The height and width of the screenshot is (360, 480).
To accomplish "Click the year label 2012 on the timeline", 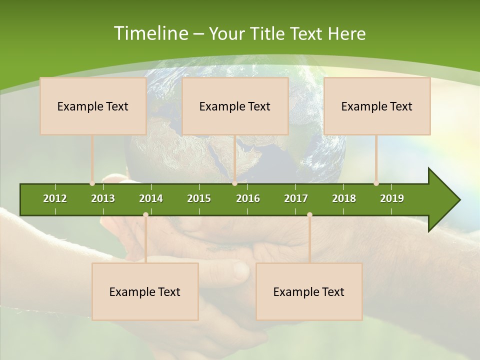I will click(x=55, y=198).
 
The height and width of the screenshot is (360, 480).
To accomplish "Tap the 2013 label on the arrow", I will click(x=103, y=198).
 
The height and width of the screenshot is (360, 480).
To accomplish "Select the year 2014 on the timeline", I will click(x=151, y=198).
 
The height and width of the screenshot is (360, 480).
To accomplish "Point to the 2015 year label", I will click(x=199, y=198).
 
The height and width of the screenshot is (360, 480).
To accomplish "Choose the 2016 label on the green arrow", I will click(x=248, y=198).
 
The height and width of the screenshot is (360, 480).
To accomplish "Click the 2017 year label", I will click(x=296, y=198).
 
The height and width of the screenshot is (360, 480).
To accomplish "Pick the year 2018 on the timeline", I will click(x=344, y=198).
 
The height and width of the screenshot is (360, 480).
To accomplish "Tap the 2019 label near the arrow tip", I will click(x=392, y=198).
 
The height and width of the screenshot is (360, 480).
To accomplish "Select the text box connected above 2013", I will click(x=93, y=106).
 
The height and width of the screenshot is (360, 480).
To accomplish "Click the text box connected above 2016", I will click(x=235, y=106).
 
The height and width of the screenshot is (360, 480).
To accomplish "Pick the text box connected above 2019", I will click(x=377, y=106).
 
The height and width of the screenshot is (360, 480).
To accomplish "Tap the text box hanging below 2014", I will click(x=145, y=291).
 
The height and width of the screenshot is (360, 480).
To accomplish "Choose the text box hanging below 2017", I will click(x=309, y=291).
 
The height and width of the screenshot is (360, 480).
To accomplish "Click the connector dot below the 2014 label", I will click(x=145, y=214).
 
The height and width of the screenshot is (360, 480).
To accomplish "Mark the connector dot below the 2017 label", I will click(x=309, y=214).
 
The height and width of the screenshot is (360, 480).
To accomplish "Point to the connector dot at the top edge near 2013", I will click(x=92, y=183).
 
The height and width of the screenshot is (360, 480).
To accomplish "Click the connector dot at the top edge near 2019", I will click(x=376, y=183).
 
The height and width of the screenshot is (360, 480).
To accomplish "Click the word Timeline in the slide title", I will click(x=150, y=33).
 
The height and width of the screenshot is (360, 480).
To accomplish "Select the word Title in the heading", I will click(x=268, y=34).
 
